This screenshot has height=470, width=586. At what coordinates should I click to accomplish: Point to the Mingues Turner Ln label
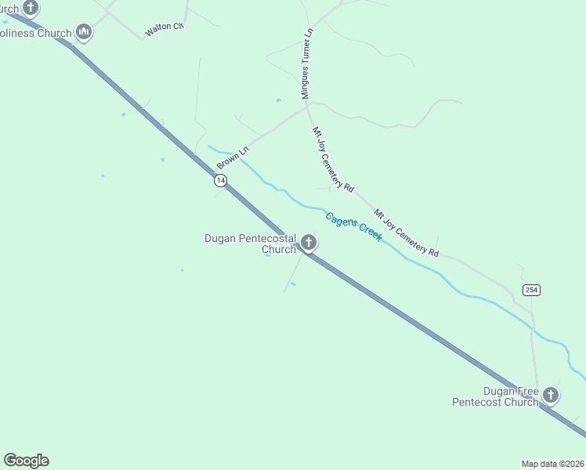tap(307, 64)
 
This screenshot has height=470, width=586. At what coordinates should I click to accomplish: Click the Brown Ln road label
tap(233, 155)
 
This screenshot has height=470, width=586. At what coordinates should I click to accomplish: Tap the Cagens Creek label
tap(354, 227)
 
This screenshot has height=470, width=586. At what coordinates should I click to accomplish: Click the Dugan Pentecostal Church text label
tap(250, 244)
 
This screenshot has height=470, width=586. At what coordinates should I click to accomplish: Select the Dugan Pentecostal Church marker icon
tap(309, 243)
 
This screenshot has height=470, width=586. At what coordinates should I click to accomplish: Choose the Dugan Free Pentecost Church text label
tap(495, 396)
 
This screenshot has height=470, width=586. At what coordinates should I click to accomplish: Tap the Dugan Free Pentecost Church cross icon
tap(552, 395)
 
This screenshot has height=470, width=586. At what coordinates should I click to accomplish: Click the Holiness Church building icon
tap(84, 32)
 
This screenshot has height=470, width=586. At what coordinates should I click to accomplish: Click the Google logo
tap(26, 461)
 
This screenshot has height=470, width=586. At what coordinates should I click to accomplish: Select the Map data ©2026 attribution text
tap(553, 464)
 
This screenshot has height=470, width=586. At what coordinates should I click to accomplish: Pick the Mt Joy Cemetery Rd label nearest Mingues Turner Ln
tap(334, 160)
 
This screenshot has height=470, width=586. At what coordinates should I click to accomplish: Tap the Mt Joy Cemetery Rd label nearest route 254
tap(406, 233)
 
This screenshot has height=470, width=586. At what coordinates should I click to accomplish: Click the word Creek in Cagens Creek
tap(370, 232)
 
